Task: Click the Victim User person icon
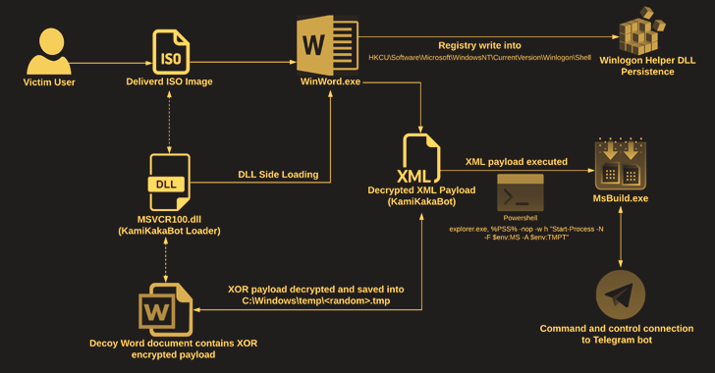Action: tap(49, 49)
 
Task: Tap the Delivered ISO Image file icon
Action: tap(172, 49)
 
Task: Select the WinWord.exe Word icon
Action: tap(325, 44)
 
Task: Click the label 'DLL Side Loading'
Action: tap(278, 175)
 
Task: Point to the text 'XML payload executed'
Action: tap(516, 161)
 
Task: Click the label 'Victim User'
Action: tap(49, 82)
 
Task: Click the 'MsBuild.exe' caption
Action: tap(621, 199)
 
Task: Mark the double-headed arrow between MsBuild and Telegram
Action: tap(621, 240)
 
